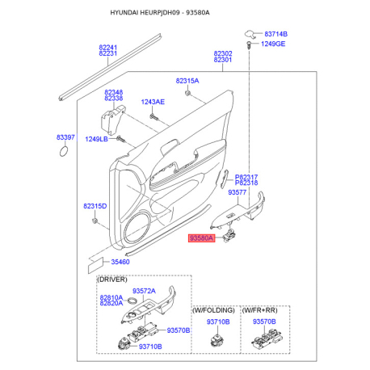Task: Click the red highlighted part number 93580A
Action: pos(201,238)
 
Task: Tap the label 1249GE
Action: pos(273,44)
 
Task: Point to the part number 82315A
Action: pos(187,81)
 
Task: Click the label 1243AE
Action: pos(153,102)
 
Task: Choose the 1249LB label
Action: pos(96,139)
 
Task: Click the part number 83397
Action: pos(65,138)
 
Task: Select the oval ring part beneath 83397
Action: pos(65,154)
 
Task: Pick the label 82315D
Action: pos(95,207)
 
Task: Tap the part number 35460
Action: pos(120,262)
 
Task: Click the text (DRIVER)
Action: pos(112,280)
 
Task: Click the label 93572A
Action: pos(144,291)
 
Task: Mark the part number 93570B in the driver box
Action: pos(178,330)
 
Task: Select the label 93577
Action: pos(238,193)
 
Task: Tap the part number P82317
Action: pos(246,177)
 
